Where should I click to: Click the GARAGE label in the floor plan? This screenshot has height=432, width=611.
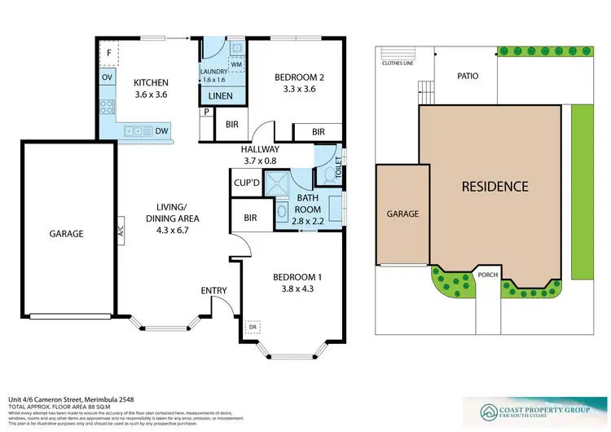point(66,233)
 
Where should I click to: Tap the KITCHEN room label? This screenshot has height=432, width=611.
point(151,82)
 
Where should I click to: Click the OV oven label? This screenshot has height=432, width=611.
point(107,77)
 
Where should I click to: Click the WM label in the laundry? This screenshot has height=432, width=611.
point(235,64)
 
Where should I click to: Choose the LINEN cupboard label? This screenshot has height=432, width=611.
point(221,96)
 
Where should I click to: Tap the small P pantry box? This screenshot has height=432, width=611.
point(207,112)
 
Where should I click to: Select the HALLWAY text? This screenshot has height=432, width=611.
point(260,149)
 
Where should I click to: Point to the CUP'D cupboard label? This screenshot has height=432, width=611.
point(246,183)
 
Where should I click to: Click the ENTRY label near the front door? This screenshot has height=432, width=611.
point(213,290)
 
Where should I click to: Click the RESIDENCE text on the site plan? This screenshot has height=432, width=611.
point(495,187)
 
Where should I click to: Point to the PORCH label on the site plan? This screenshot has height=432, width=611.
point(488,275)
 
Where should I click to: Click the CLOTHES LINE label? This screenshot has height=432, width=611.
point(398,60)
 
